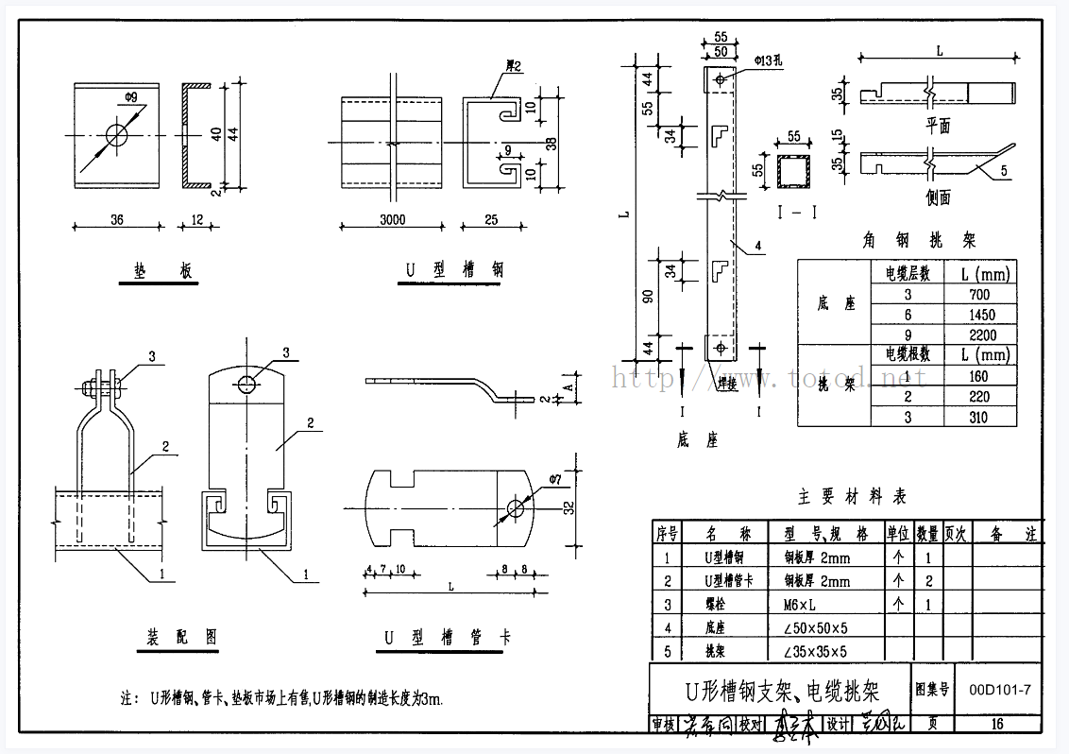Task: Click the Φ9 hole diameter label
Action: (131, 96)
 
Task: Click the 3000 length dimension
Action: (392, 219)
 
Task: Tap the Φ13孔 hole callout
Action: (771, 61)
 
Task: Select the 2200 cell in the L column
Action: (981, 334)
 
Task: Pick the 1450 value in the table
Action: (981, 314)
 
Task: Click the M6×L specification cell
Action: (804, 605)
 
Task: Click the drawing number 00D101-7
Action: (1000, 690)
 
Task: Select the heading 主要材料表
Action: (851, 496)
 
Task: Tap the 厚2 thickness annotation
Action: (516, 66)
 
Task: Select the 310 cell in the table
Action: (981, 417)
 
